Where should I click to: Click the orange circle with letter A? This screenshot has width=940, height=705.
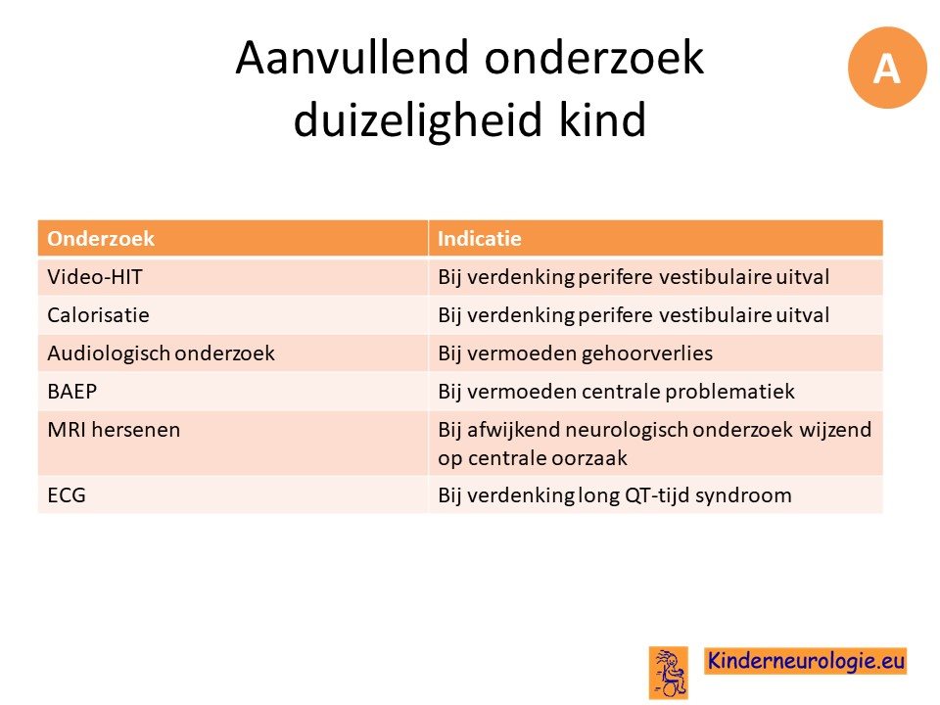[887, 68]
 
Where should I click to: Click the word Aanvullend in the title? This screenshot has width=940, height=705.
[352, 58]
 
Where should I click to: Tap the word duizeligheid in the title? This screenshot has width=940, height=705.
[418, 119]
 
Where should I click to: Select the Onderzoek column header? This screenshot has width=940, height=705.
[101, 239]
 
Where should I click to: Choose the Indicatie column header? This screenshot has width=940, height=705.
[479, 239]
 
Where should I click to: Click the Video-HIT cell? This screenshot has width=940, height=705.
[95, 277]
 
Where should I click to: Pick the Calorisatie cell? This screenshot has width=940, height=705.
[98, 315]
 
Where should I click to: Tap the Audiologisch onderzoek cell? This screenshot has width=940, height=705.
[161, 353]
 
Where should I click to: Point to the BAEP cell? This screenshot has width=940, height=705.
[71, 392]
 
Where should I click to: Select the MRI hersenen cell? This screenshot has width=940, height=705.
[114, 430]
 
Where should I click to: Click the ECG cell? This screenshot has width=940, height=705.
[67, 495]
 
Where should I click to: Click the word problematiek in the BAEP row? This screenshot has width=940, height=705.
[729, 392]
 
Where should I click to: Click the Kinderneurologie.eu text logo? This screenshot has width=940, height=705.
[805, 661]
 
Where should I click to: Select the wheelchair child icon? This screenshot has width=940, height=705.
[669, 673]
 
